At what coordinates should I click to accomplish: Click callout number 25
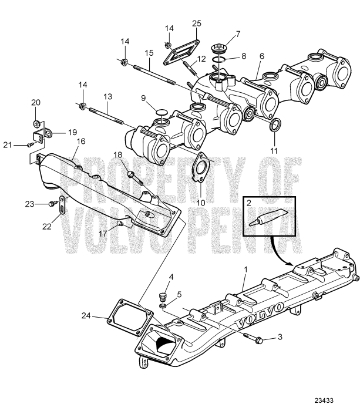[x=196, y=23]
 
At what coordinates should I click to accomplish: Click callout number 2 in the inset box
[x=250, y=203]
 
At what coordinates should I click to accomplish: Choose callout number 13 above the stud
[x=107, y=96]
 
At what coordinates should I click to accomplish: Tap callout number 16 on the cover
[x=80, y=141]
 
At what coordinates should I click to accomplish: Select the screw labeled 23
[x=51, y=204]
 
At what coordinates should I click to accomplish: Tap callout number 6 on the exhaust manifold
[x=262, y=56]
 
